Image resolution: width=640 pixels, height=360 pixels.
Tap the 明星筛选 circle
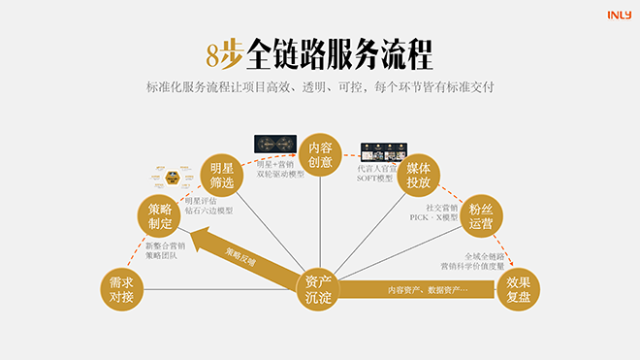point(223,175)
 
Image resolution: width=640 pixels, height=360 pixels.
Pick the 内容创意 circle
point(320,155)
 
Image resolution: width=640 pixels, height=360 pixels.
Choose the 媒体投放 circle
point(419,176)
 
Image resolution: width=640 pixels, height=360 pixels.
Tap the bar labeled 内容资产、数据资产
point(427,290)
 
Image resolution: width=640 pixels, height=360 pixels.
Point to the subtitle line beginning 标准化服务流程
point(320,87)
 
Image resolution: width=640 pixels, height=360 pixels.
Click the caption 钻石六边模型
point(209,212)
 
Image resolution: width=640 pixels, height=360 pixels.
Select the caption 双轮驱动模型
point(280,175)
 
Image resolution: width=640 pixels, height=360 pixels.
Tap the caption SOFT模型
point(376,179)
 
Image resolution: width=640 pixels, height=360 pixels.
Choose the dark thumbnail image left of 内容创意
point(274,144)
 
